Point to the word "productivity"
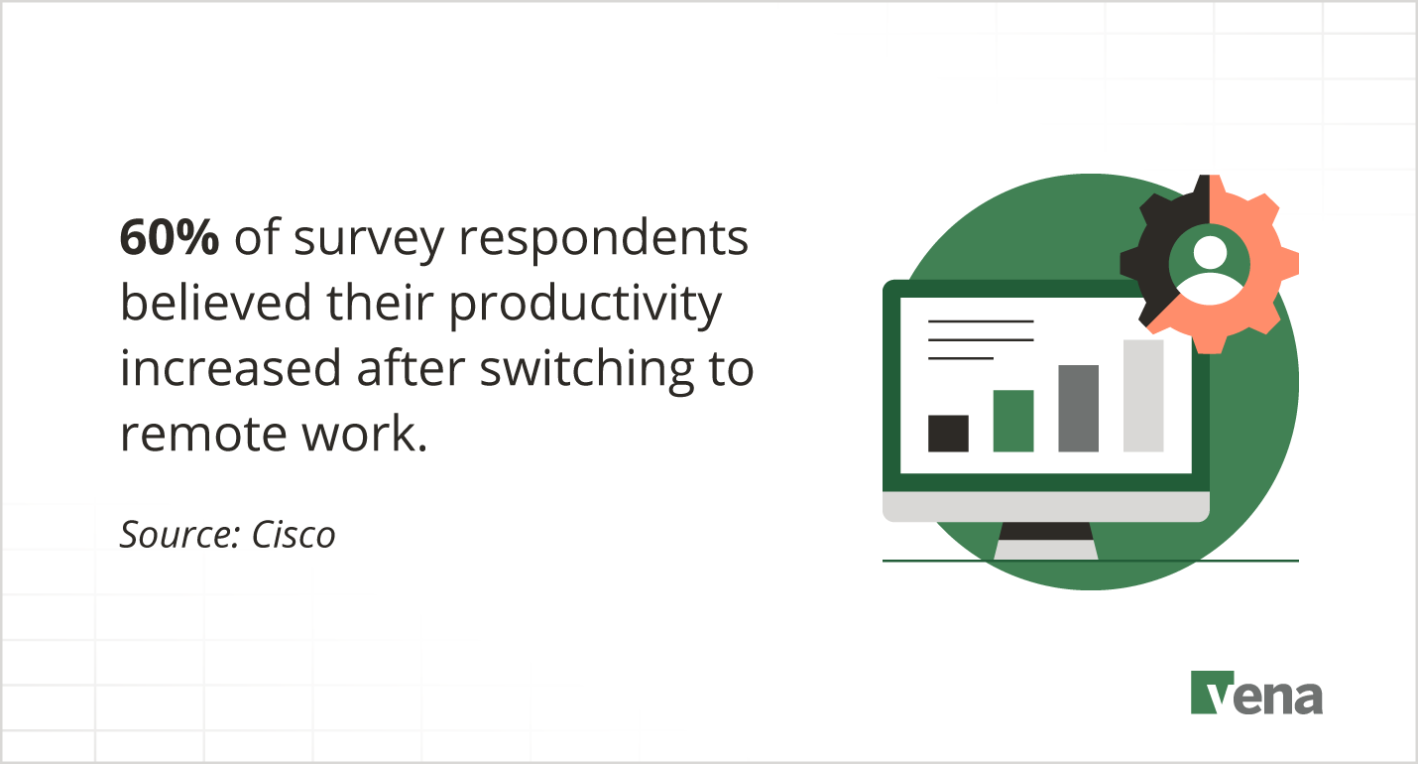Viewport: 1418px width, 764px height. pyautogui.click(x=585, y=306)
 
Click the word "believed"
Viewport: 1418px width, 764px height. pyautogui.click(x=199, y=304)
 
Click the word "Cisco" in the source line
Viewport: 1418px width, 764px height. pyautogui.click(x=294, y=535)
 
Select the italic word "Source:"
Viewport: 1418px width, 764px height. pyautogui.click(x=180, y=535)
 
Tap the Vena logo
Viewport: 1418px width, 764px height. pyautogui.click(x=1256, y=693)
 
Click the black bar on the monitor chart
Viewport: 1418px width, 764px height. pyautogui.click(x=948, y=434)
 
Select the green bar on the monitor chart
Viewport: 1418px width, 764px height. pyautogui.click(x=1012, y=421)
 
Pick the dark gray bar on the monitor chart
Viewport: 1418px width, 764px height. pyautogui.click(x=1078, y=409)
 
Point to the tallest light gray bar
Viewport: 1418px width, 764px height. pyautogui.click(x=1143, y=396)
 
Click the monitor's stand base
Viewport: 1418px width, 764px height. pyautogui.click(x=1045, y=549)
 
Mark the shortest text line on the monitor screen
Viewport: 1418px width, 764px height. pyautogui.click(x=960, y=357)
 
